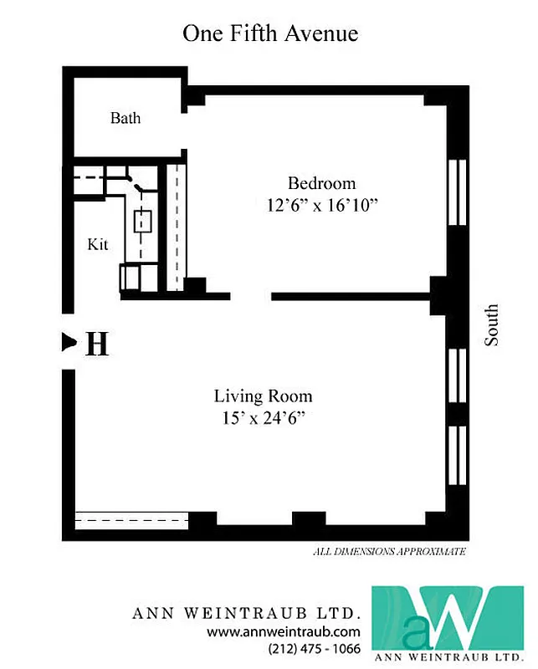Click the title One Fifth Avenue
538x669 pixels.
(x=270, y=33)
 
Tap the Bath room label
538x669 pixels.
(x=126, y=118)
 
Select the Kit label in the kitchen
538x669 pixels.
(x=98, y=245)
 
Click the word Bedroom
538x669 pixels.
(x=321, y=183)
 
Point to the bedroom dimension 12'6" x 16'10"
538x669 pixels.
(x=322, y=206)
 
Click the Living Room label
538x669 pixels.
(x=263, y=396)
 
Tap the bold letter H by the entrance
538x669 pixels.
(x=98, y=344)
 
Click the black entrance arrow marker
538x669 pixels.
(x=69, y=341)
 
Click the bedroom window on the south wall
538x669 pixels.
(x=457, y=192)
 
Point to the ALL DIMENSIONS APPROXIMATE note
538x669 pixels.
(x=388, y=552)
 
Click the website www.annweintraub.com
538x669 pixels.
(x=284, y=631)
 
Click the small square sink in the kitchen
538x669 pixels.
(x=141, y=221)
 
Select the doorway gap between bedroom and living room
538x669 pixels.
(x=251, y=295)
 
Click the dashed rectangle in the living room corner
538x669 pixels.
(x=131, y=519)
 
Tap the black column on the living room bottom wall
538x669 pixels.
(x=308, y=519)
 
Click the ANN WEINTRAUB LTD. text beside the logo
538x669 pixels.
(x=247, y=613)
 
